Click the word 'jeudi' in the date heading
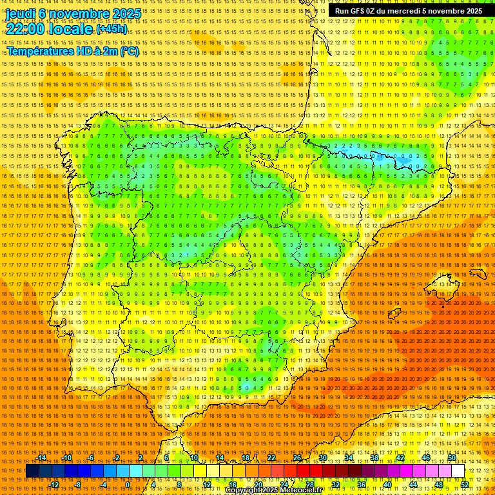[20, 14]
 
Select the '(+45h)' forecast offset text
[112, 29]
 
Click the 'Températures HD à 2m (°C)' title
[72, 52]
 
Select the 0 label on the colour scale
[128, 485]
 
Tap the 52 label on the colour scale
[465, 485]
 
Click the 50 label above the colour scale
[452, 458]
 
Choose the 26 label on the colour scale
[297, 458]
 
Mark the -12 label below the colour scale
[54, 485]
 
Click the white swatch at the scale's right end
[458, 471]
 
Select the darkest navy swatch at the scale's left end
[32, 471]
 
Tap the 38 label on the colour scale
[374, 458]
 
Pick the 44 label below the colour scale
[413, 485]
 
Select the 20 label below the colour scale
[258, 485]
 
